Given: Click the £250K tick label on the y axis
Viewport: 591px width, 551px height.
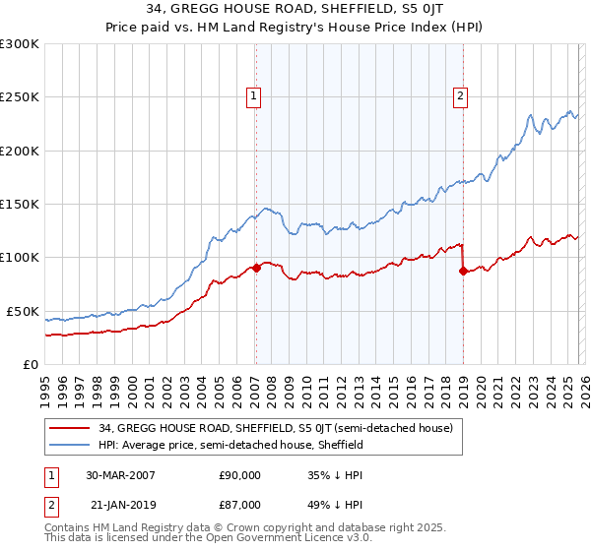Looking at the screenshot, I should (20, 97).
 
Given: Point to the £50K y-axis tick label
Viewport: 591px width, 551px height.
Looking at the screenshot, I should (23, 311).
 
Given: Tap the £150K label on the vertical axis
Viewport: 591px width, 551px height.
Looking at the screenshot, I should (20, 205).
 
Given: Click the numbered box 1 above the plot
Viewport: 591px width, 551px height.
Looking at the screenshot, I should (254, 96).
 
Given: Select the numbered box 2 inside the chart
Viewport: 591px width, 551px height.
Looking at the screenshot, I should (460, 96).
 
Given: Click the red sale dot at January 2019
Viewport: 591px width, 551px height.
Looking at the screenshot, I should (462, 271).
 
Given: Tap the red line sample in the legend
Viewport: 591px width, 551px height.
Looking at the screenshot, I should (71, 429).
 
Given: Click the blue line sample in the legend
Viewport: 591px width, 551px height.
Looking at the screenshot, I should (71, 445).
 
